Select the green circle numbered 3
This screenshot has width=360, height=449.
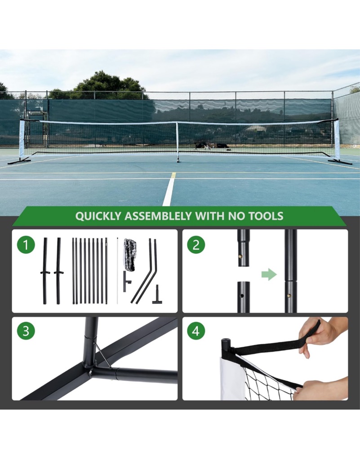pos(26,331)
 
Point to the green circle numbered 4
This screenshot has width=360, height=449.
pos(196,331)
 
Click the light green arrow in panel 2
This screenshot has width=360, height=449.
pos(269,275)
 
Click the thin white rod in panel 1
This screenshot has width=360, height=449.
pos(117,270)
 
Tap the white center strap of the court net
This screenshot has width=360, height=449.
pos(178,140)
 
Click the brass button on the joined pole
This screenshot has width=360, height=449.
pos(289,295)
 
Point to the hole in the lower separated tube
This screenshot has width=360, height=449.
pos(242,295)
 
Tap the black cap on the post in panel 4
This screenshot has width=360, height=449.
pos(226,343)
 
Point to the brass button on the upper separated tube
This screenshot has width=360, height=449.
pos(241,256)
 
